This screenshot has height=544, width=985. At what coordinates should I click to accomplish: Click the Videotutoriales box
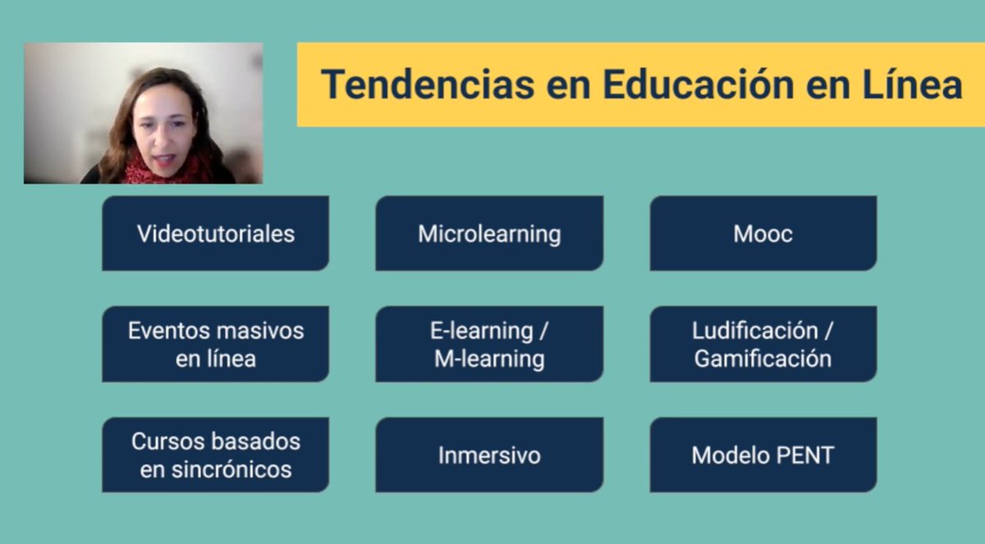[x=215, y=234]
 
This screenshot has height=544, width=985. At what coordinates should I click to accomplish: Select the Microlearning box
[x=489, y=234]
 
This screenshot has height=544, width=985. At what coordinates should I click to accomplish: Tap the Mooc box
[x=763, y=234]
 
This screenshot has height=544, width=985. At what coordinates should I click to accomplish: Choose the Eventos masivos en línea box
[x=215, y=345]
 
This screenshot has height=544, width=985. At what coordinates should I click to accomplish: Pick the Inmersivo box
[x=489, y=455]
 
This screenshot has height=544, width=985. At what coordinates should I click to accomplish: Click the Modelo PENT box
[x=763, y=455]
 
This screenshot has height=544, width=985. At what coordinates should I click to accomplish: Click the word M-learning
[x=489, y=359]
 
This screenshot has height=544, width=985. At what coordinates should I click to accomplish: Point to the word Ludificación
[x=755, y=331]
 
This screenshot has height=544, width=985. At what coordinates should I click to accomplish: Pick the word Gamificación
[x=763, y=359]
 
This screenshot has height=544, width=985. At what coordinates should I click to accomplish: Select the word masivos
[x=259, y=331]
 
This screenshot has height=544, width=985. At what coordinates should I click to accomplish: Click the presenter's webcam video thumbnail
[x=143, y=112]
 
